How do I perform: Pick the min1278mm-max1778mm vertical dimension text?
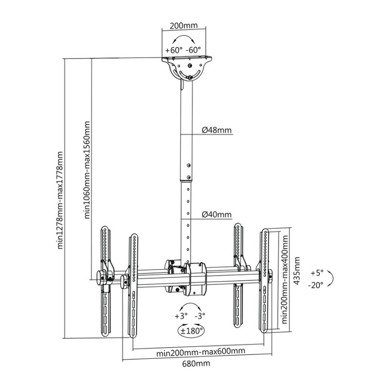61,200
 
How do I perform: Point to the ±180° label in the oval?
191,331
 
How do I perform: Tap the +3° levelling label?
180,316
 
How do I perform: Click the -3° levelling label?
200,316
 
